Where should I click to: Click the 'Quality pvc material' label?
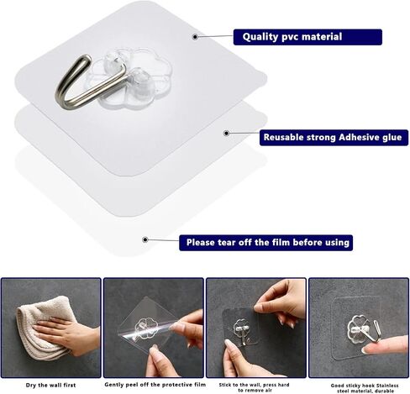coord(307,37)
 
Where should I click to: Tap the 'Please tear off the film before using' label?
coord(265,243)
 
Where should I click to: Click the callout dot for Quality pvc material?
coord(195,37)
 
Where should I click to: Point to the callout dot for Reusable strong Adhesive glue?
coord(227,134)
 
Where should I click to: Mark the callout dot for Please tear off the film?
coord(145,239)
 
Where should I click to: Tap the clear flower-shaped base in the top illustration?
coord(132,76)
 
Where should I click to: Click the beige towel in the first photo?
coord(42,328)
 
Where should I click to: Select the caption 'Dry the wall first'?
coord(50,385)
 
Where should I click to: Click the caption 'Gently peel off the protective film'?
coord(155,385)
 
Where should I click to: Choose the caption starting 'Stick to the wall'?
coord(254,387)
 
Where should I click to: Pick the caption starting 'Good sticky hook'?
coord(365,388)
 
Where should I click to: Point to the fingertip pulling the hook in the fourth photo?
coord(367,349)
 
